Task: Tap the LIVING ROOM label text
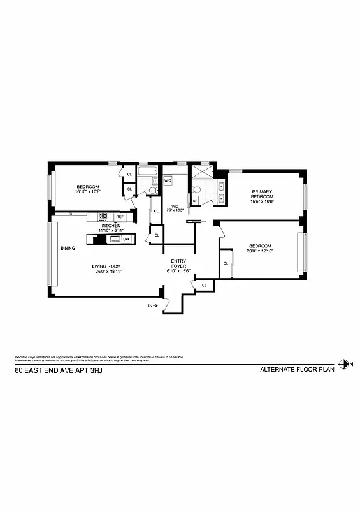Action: [106, 266]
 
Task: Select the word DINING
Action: [68, 248]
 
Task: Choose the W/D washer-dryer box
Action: [168, 181]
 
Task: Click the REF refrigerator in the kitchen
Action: [119, 217]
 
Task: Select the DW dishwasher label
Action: [126, 239]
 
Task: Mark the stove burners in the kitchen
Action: [103, 217]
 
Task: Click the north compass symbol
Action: [345, 364]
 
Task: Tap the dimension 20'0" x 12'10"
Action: [260, 253]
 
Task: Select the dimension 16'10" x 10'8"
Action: [89, 191]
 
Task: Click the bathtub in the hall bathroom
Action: [148, 172]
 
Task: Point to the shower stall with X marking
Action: [201, 172]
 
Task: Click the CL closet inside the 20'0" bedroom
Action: [226, 263]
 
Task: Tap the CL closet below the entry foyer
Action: [204, 285]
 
